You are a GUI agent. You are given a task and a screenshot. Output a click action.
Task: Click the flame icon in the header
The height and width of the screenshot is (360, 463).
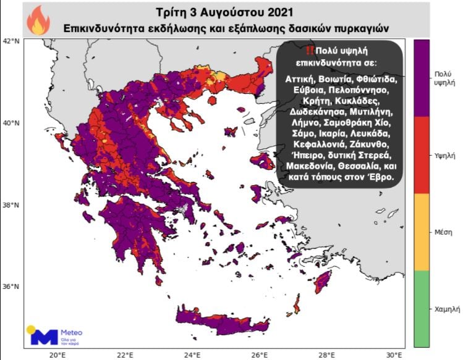38,20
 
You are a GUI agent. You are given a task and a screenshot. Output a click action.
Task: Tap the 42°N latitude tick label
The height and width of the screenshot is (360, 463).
11,41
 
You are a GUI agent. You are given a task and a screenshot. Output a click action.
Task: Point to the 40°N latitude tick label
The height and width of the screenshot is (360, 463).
11,123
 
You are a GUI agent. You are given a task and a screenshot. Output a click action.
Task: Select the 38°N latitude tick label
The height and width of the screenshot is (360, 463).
11,205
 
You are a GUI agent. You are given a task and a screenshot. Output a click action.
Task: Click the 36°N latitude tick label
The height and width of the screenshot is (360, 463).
11,287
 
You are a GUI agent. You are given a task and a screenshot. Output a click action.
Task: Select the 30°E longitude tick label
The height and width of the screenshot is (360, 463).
394,354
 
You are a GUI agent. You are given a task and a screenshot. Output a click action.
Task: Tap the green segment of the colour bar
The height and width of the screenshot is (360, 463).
422,309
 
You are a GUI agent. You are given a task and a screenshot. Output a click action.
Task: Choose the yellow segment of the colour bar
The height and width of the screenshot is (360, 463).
422,232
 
